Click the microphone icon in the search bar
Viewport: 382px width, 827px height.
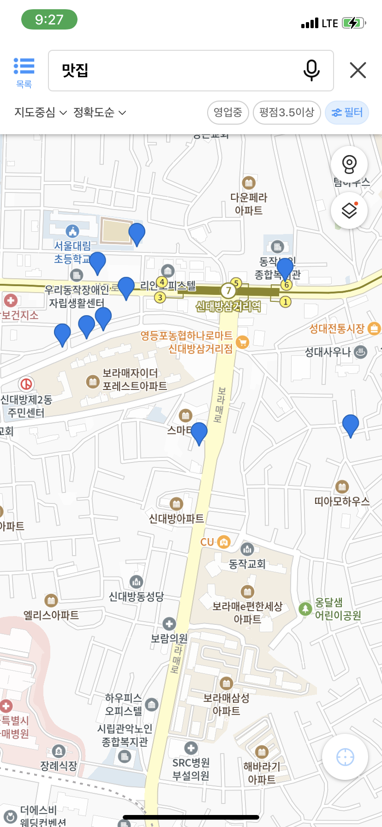311,71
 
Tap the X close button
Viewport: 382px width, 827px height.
358,71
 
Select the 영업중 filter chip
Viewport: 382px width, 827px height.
228,113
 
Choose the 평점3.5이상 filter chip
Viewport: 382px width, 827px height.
286,113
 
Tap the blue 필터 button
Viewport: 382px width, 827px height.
347,113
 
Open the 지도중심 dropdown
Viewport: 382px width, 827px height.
41,113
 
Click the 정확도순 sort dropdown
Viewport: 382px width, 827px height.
100,113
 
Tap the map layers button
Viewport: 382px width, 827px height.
349,211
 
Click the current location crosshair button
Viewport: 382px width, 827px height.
345,757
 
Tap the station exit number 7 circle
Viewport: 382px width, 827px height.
228,291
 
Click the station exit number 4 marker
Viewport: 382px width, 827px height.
161,282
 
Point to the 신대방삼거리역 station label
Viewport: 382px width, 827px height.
228,306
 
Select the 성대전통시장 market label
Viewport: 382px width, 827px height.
337,329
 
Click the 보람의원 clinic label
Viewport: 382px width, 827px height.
169,638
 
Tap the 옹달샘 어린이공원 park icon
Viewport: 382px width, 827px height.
305,609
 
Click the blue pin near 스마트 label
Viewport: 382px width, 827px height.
199,433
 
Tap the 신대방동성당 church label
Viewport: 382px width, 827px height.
136,597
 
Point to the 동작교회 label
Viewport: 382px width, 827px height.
247,564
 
